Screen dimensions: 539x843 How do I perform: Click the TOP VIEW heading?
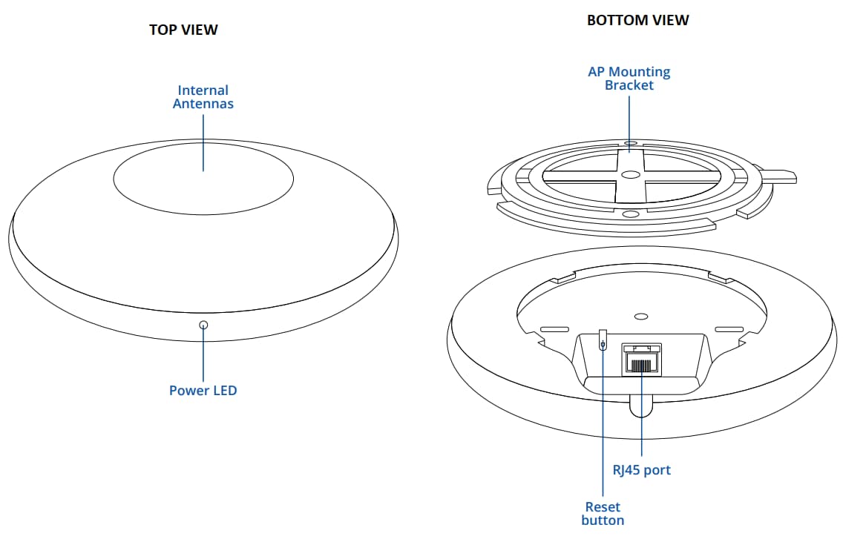coord(183,30)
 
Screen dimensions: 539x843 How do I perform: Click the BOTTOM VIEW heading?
coord(637,21)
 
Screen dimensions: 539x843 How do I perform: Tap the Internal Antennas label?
coord(203,97)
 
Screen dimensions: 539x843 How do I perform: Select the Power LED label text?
coord(203,390)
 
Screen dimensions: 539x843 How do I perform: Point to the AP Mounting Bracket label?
coord(629,79)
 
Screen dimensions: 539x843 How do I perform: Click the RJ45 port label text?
coord(641,469)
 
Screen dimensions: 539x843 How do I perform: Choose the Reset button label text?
coord(603,513)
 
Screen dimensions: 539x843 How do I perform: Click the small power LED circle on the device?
coord(203,325)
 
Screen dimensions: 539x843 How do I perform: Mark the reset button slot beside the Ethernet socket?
coord(603,342)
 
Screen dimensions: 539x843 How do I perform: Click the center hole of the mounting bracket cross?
coord(630,175)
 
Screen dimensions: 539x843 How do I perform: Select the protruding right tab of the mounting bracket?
coord(779,176)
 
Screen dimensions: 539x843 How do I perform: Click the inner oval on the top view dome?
coord(203,177)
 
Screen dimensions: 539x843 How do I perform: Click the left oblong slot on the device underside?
coord(556,328)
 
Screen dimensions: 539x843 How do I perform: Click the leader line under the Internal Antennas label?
coord(203,141)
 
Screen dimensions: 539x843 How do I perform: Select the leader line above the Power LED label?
coord(203,356)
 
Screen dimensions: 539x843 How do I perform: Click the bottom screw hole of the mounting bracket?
coord(630,214)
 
